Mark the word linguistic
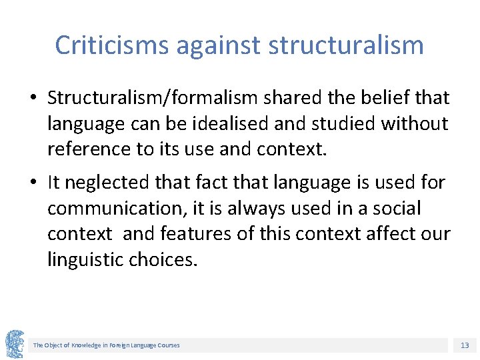click(85, 259)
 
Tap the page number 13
click(465, 345)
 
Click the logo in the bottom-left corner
click(15, 344)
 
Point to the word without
click(422, 123)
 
